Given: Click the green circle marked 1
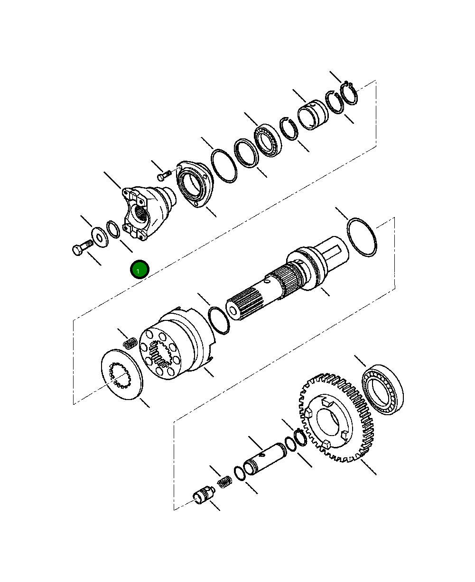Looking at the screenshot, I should point(140,270).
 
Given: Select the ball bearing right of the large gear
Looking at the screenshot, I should point(383,390).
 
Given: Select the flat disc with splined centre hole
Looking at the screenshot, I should point(122,373).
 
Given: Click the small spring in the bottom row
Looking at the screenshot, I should point(224,482).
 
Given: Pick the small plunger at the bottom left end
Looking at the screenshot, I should point(203,496).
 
